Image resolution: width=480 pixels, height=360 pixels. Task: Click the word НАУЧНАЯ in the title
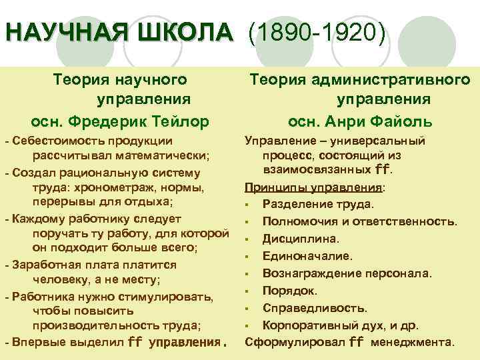[x=63, y=31]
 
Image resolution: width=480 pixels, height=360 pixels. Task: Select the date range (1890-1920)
[x=317, y=32]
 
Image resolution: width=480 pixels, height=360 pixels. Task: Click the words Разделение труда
[x=318, y=203]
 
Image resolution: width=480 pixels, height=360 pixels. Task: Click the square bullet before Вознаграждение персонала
[x=247, y=273]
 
